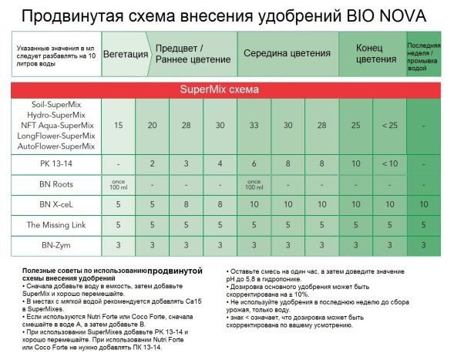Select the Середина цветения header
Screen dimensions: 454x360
(287, 54)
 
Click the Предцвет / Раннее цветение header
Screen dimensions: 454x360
(193, 54)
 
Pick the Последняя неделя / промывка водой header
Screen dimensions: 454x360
(423, 54)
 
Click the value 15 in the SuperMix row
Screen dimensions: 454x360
(118, 125)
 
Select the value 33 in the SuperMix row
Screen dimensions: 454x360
(254, 125)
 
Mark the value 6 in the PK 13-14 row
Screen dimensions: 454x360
(254, 164)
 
